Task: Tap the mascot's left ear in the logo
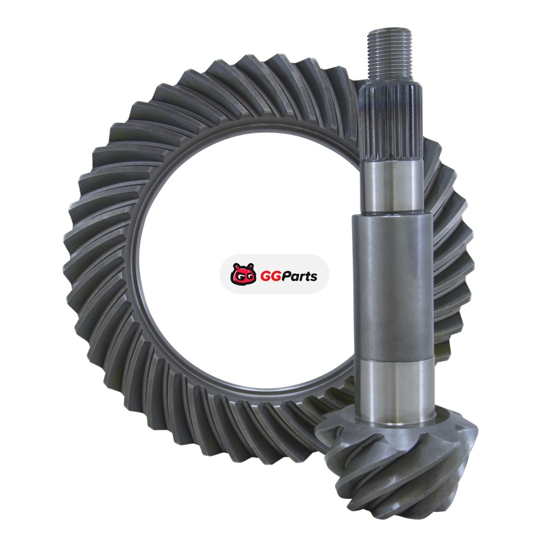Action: (x=235, y=266)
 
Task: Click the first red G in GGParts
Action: (x=266, y=277)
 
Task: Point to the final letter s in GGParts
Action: (x=314, y=278)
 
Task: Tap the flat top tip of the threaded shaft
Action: (x=390, y=32)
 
